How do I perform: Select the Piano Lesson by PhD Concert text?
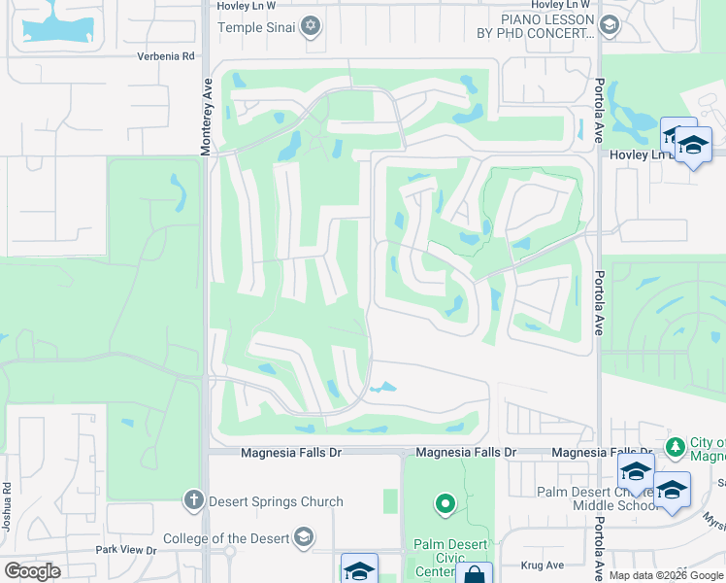(547, 26)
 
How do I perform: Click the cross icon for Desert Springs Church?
(193, 501)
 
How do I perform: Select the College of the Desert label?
(225, 538)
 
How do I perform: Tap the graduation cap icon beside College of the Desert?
(304, 538)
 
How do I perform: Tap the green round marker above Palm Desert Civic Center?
(445, 503)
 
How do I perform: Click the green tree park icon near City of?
(676, 447)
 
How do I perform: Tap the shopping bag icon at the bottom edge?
(475, 574)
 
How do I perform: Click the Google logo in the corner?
(32, 570)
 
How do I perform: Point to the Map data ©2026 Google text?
(666, 575)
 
